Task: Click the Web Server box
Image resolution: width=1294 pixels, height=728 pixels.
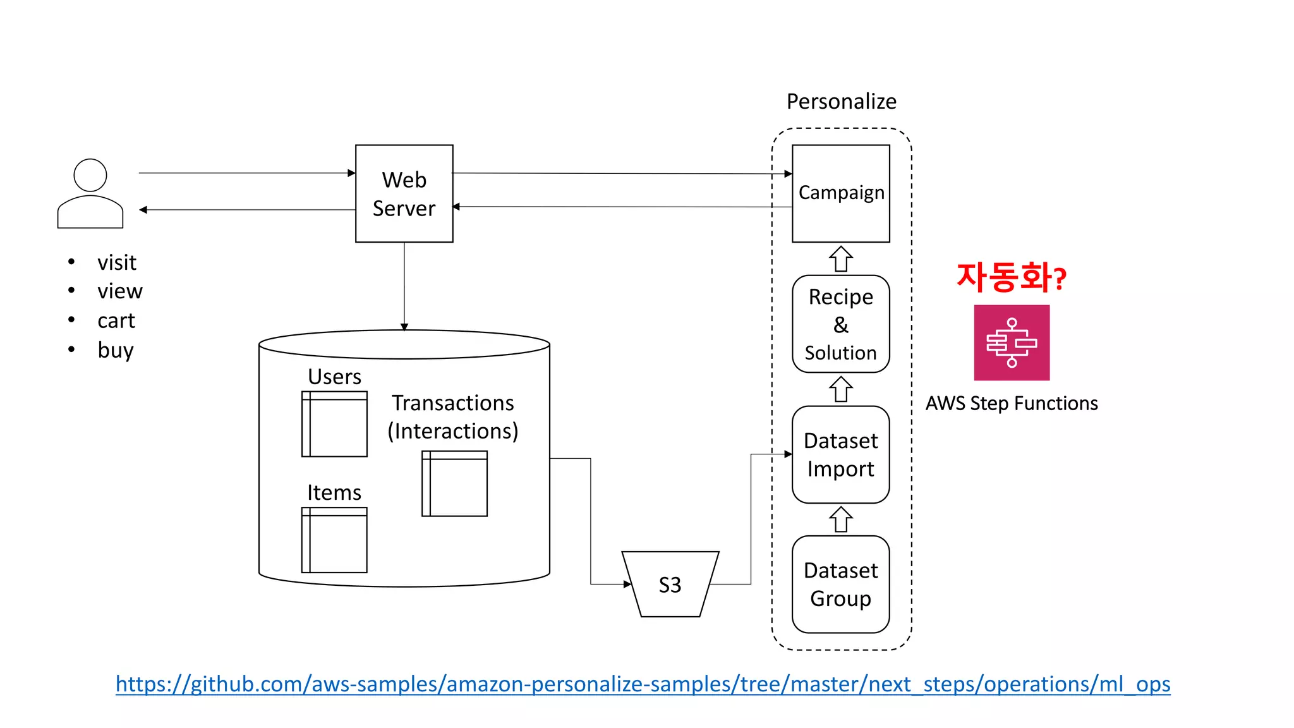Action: [404, 193]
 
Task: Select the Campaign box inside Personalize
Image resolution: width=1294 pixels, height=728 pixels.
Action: [840, 193]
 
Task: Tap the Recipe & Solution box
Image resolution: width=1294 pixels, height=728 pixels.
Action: [840, 324]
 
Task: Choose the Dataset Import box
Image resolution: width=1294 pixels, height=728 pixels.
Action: [840, 454]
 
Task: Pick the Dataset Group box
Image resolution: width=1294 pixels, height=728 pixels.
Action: [840, 584]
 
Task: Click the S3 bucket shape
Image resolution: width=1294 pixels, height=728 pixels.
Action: [670, 584]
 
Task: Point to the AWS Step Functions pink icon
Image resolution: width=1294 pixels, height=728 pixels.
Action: [1011, 343]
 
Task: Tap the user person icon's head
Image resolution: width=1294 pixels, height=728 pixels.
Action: [90, 175]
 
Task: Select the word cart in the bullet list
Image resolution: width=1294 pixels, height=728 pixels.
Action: [116, 321]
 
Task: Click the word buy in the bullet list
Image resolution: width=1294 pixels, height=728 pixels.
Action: [116, 350]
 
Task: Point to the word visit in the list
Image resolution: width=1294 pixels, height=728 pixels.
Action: [117, 262]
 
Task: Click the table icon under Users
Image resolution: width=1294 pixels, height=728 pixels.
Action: [334, 424]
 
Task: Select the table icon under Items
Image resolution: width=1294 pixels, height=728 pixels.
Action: [334, 540]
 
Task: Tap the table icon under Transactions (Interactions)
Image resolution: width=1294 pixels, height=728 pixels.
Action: [454, 483]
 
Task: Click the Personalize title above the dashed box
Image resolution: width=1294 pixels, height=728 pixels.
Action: [841, 101]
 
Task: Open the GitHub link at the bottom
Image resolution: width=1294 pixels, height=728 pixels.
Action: [643, 684]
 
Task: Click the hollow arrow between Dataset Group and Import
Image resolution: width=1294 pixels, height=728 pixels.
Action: [840, 519]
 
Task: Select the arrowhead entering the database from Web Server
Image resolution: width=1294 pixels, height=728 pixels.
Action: [404, 327]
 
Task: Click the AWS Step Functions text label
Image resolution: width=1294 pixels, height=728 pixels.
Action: [1011, 403]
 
